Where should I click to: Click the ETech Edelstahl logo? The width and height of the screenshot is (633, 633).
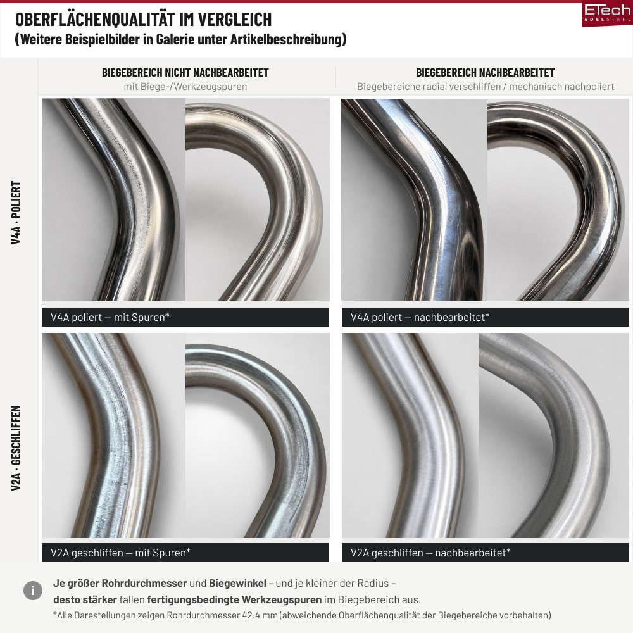[x=607, y=15]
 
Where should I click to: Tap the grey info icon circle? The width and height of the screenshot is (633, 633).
[x=33, y=591]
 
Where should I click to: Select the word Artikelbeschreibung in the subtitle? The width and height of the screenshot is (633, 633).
[x=286, y=39]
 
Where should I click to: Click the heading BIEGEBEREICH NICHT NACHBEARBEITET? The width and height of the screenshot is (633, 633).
[x=185, y=73]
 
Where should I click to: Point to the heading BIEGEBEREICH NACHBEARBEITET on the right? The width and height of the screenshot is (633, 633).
[x=486, y=73]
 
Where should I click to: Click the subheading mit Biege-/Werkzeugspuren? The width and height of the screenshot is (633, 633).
[x=185, y=87]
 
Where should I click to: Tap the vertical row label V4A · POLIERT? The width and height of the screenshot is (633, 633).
[x=16, y=212]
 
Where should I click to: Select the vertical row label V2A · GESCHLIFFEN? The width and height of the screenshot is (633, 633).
[x=16, y=448]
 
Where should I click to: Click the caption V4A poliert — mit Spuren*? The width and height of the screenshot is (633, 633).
[x=110, y=317]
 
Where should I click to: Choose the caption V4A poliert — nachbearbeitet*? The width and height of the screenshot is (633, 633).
[x=420, y=317]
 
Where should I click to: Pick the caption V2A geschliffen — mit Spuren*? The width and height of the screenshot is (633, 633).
[x=120, y=553]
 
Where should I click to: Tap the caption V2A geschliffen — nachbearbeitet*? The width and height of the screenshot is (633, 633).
[x=430, y=553]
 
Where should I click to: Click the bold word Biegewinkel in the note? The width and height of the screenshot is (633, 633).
[x=237, y=584]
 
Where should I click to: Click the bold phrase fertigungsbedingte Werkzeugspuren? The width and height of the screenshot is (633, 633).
[x=234, y=600]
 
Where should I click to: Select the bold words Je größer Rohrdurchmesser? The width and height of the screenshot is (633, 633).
[x=120, y=584]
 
